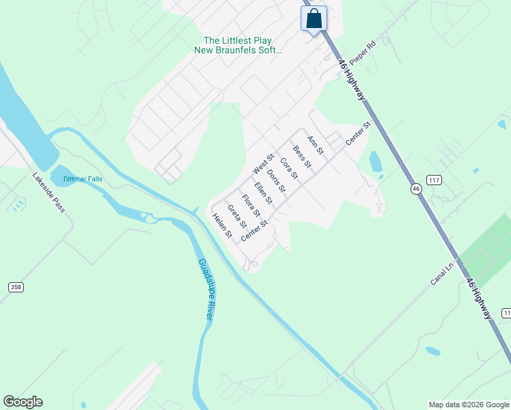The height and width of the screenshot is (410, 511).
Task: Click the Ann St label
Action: click(x=315, y=145)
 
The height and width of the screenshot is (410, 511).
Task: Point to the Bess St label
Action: click(x=302, y=157)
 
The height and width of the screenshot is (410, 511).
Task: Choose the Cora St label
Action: click(x=289, y=169)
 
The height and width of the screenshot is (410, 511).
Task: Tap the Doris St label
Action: click(x=276, y=180)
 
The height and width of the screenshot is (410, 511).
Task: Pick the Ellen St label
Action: click(x=263, y=193)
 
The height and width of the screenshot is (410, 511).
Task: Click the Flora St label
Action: click(x=251, y=205)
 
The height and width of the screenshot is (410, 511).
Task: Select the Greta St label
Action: click(x=236, y=216)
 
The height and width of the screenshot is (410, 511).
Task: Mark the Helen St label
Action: click(x=223, y=226)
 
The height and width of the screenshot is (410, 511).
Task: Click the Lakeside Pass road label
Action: click(x=49, y=192)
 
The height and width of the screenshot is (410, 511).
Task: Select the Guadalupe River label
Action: click(x=206, y=289)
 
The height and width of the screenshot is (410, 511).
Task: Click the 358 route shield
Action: click(x=16, y=288)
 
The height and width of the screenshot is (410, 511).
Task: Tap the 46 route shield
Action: click(x=416, y=188)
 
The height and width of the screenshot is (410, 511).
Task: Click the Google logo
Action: click(x=23, y=402)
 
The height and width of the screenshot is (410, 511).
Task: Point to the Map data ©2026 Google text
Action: click(x=469, y=405)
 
